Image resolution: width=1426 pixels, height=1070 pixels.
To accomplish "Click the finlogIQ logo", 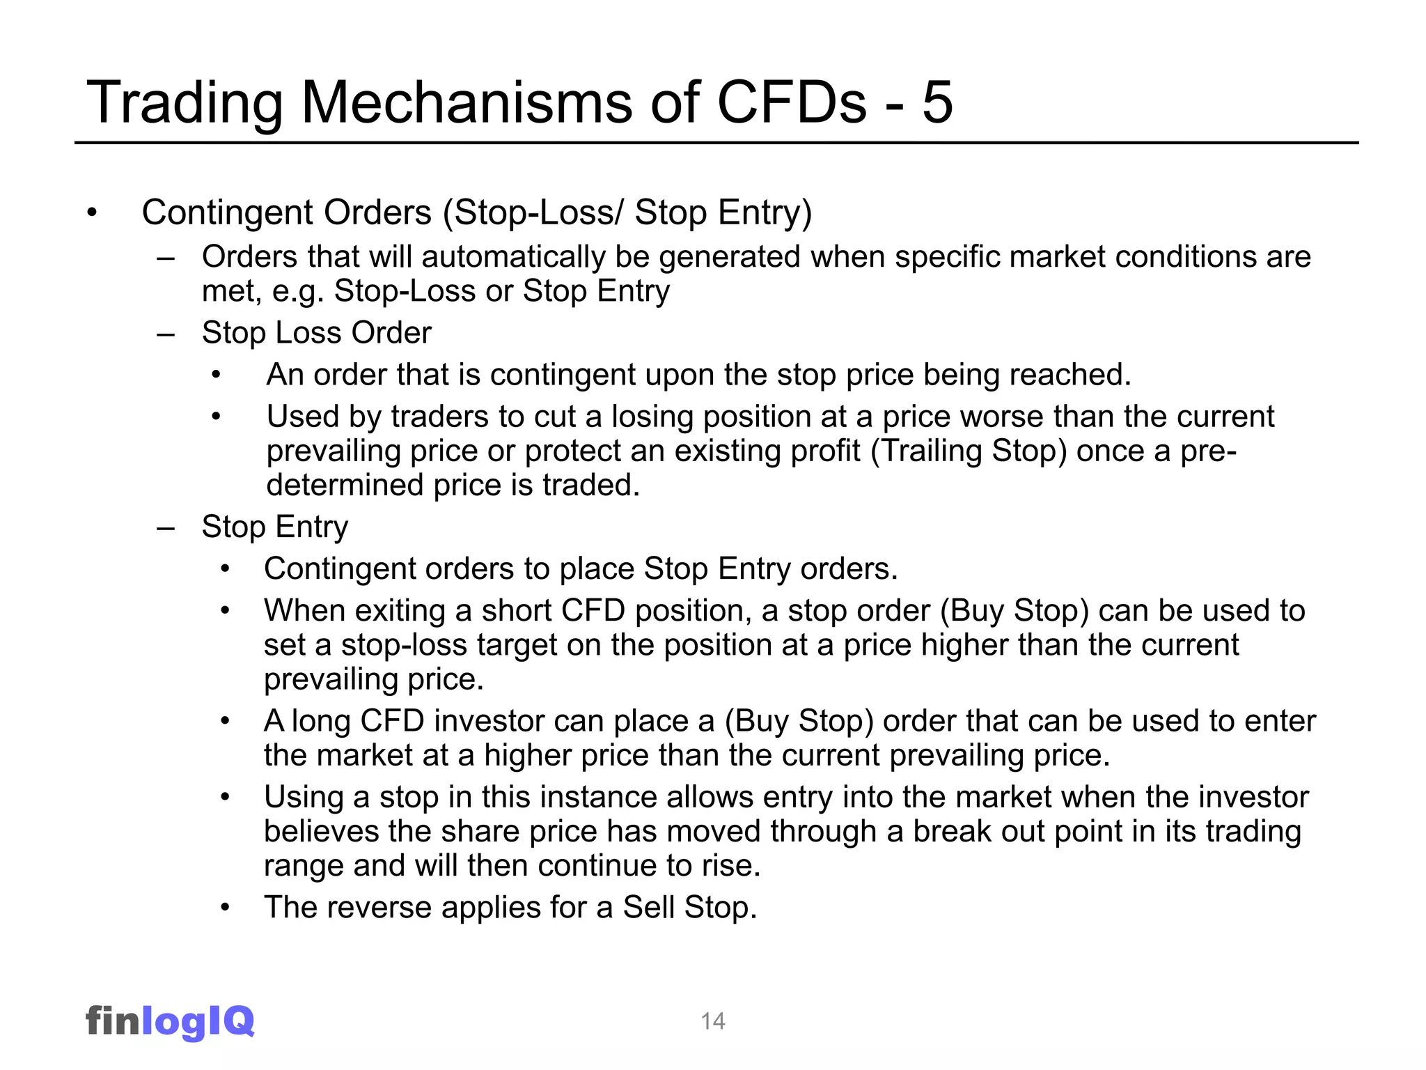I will [170, 1021].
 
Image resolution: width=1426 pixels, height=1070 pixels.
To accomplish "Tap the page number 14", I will [713, 1021].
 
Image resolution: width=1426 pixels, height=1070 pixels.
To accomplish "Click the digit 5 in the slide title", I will [937, 102].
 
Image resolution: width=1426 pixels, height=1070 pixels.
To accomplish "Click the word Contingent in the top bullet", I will [227, 212].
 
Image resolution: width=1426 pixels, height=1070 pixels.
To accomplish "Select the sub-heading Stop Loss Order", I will [316, 333].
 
